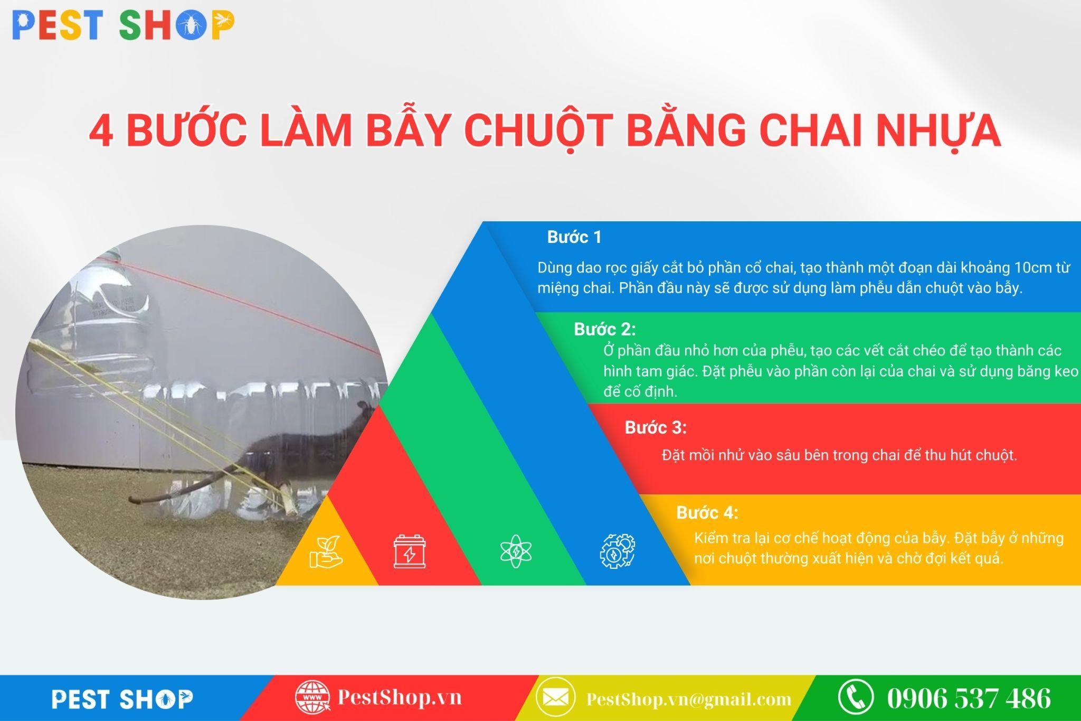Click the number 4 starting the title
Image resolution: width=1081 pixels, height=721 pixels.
coord(101,130)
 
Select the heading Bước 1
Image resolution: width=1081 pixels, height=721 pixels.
coord(574,237)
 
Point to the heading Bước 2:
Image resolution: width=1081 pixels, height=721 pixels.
coord(605,330)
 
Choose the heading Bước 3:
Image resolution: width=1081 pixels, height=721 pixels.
coord(656,427)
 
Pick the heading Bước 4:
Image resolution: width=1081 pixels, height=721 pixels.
coord(707,513)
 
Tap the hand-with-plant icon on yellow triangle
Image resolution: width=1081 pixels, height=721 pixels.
coord(326,552)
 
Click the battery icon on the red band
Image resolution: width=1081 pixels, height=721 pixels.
coord(410,551)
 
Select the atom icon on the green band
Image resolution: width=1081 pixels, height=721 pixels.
coord(516,551)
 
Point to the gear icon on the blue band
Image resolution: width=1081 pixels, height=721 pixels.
coord(617,551)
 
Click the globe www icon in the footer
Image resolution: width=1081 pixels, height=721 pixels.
coord(312,698)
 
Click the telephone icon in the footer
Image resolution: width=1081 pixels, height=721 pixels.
coord(856,697)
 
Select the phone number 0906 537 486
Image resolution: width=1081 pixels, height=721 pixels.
coord(969,698)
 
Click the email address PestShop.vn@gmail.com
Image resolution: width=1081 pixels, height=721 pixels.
coord(689,699)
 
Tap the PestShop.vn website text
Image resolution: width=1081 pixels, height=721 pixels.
coord(399,697)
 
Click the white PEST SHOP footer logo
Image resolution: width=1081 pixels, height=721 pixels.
coord(122,699)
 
